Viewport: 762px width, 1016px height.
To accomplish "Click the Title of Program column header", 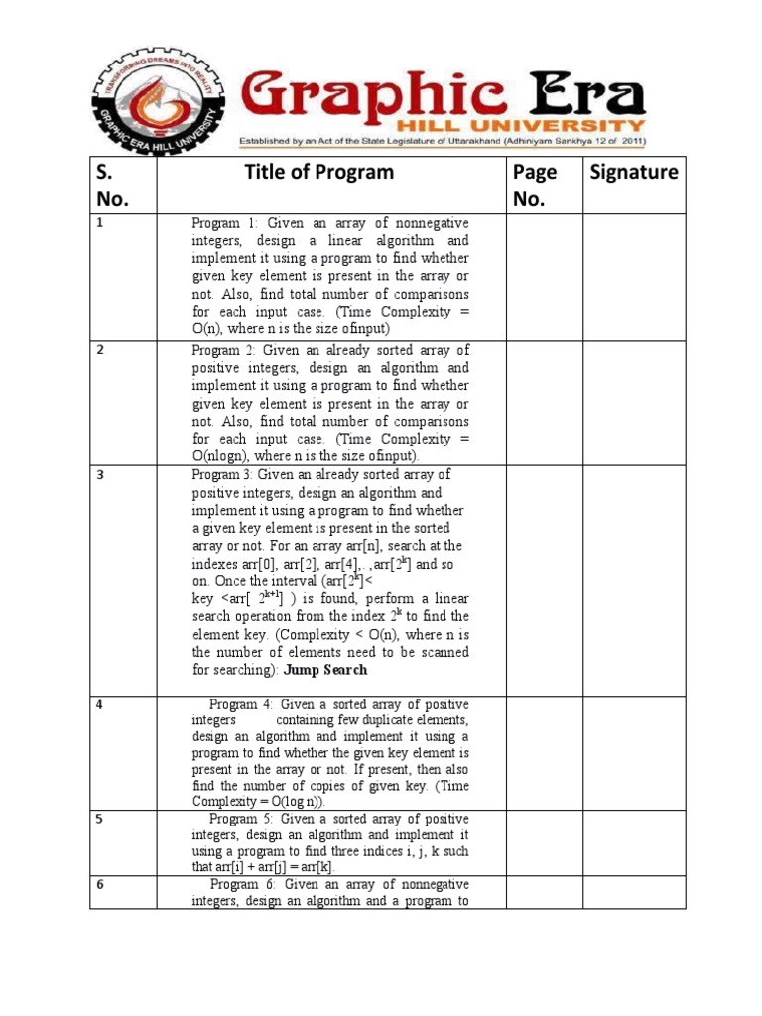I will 318,173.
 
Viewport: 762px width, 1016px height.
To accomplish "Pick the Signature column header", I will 634,173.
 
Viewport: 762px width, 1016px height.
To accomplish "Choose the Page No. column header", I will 535,186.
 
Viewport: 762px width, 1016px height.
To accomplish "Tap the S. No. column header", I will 113,186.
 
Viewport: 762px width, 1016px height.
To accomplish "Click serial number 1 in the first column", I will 100,224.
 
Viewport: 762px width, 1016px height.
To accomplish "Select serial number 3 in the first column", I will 100,475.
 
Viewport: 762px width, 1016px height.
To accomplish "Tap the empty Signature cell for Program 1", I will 630,277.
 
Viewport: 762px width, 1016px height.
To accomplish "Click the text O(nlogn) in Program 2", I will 224,456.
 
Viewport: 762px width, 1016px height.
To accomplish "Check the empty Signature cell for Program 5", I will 630,842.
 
